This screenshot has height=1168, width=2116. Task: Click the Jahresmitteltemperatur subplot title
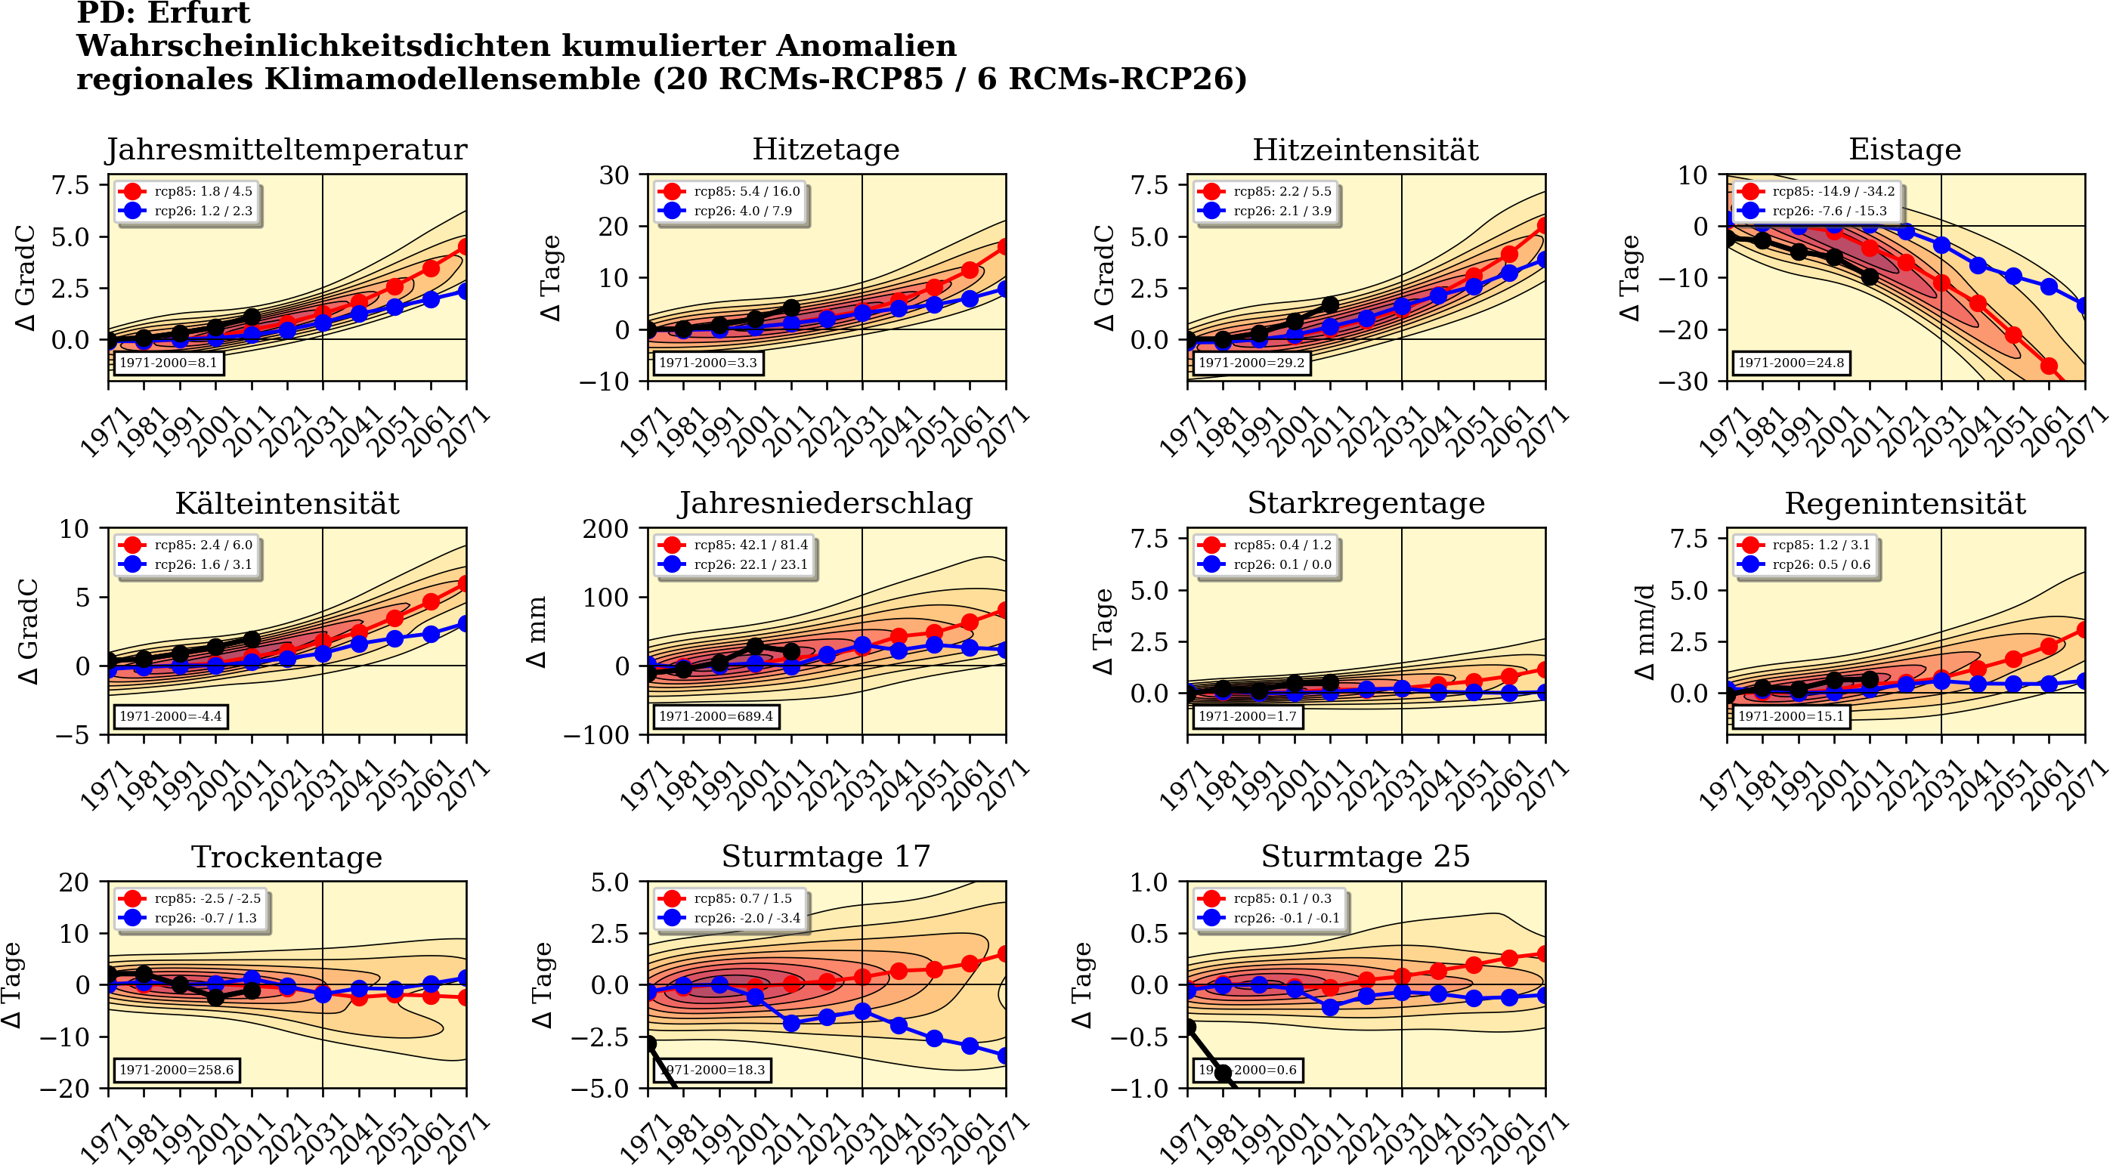click(286, 150)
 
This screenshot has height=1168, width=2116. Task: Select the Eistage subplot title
click(1904, 150)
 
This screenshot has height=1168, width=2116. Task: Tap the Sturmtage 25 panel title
click(1366, 857)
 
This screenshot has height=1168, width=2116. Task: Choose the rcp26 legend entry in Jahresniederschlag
click(736, 565)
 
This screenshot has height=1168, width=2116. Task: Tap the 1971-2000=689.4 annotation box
click(716, 716)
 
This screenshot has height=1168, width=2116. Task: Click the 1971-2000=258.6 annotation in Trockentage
click(177, 1071)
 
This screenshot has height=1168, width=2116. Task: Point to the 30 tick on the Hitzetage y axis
click(614, 175)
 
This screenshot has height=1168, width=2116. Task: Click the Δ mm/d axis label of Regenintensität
click(1644, 632)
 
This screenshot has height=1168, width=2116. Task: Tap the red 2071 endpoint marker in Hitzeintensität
click(1544, 226)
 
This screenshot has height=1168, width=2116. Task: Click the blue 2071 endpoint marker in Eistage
click(2084, 305)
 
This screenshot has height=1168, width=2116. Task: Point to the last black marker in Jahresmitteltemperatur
click(252, 317)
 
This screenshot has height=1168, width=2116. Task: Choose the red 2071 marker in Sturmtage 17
click(1004, 954)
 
